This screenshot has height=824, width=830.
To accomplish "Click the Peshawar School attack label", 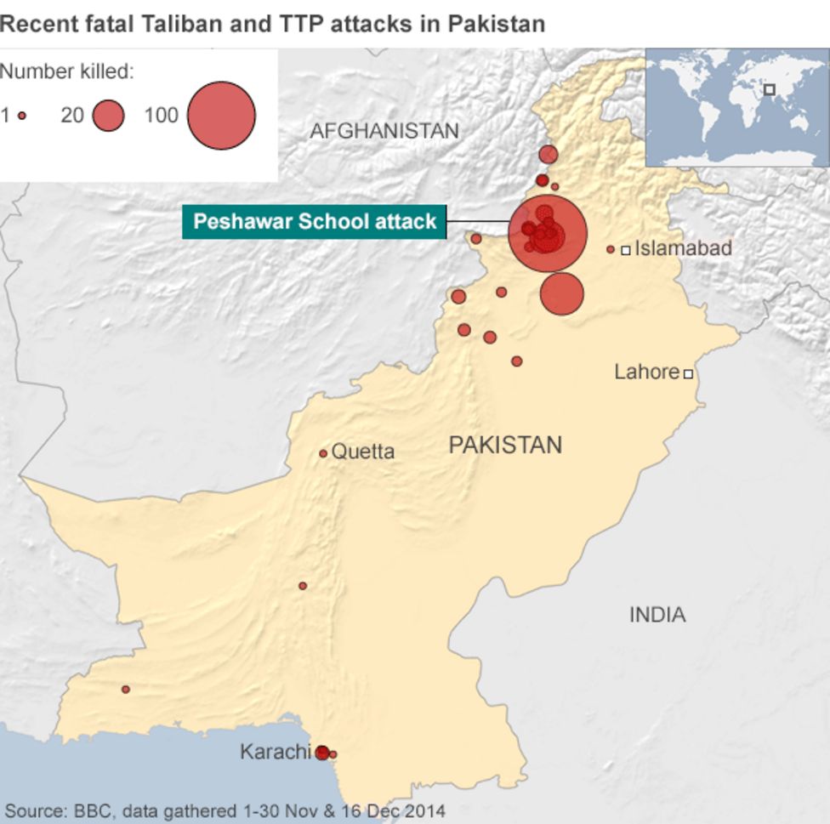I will click(x=315, y=223).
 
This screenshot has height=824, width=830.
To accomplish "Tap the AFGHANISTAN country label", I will click(x=384, y=131).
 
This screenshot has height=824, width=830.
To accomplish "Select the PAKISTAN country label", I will click(x=505, y=445).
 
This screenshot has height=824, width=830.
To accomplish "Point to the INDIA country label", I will click(x=657, y=615).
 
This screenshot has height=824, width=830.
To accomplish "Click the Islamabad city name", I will click(x=684, y=249).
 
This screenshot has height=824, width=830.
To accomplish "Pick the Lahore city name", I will click(x=646, y=372).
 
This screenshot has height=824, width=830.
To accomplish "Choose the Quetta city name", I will click(x=363, y=452).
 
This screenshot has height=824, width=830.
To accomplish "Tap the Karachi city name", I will click(x=275, y=752).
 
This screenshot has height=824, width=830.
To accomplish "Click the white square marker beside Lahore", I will click(x=688, y=373).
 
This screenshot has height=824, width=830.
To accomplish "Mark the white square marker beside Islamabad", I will click(x=626, y=250).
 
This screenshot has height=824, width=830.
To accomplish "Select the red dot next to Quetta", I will click(x=323, y=454).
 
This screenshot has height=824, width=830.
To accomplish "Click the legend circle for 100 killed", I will click(x=221, y=116).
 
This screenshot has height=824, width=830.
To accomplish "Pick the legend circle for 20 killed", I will click(x=108, y=116).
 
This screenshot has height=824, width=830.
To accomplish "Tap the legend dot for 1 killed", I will click(x=22, y=116).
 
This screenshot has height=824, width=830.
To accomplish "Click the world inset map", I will click(x=737, y=107).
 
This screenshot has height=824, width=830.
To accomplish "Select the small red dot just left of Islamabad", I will click(x=611, y=249).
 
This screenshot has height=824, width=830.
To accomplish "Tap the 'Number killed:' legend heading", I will click(x=67, y=71).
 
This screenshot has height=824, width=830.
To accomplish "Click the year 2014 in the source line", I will click(x=427, y=810).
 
